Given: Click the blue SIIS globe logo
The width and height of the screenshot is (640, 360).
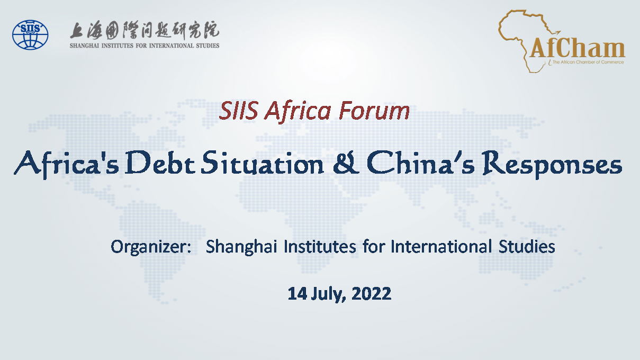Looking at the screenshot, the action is (x=30, y=34).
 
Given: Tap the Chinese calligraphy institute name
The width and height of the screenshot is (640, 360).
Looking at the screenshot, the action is (x=145, y=30).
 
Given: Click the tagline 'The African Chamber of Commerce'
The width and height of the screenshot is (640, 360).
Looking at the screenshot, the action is (x=588, y=62).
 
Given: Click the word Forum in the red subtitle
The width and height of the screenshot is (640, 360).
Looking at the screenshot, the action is (x=374, y=111).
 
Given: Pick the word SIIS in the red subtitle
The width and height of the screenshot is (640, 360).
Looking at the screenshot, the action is (x=239, y=111).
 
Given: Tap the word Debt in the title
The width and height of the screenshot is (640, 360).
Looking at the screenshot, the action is (x=160, y=163).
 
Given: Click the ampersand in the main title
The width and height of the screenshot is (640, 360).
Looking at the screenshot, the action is (x=346, y=163).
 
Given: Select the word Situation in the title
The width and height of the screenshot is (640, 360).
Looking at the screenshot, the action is (x=262, y=163).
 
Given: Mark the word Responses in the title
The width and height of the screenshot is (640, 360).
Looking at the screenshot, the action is (x=552, y=164).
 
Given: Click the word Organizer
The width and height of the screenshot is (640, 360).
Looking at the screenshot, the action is (x=151, y=247).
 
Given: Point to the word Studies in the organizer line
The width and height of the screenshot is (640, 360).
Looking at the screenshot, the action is (x=527, y=246).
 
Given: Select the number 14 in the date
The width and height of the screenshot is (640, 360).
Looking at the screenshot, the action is (x=297, y=293).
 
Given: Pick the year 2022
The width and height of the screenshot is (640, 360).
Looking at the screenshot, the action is (x=371, y=293).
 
